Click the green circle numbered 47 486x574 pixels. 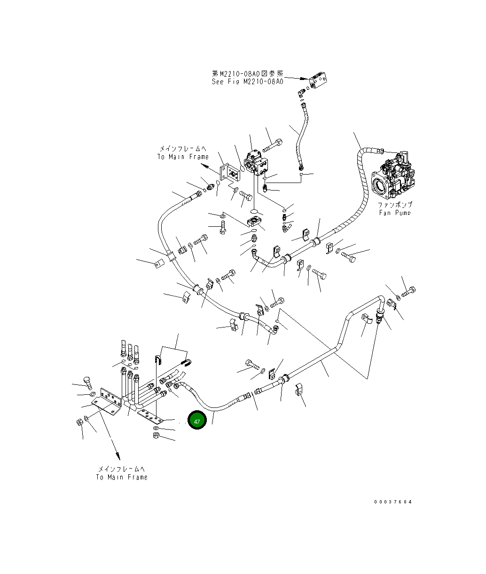pyautogui.click(x=197, y=420)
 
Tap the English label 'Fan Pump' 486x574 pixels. pyautogui.click(x=395, y=213)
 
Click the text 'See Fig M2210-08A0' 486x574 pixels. pyautogui.click(x=247, y=82)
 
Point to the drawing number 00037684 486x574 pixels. pyautogui.click(x=393, y=502)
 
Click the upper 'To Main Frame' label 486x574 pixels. pyautogui.click(x=183, y=157)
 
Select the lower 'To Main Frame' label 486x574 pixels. pyautogui.click(x=122, y=477)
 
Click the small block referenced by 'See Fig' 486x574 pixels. pyautogui.click(x=318, y=80)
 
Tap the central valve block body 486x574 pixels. pyautogui.click(x=256, y=163)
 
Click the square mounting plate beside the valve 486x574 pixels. pyautogui.click(x=230, y=173)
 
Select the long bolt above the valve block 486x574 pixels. pyautogui.click(x=273, y=145)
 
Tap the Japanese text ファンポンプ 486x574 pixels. pyautogui.click(x=395, y=205)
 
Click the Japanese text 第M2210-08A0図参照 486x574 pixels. pyautogui.click(x=248, y=73)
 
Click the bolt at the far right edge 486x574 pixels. pyautogui.click(x=408, y=291)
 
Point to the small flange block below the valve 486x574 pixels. pyautogui.click(x=255, y=222)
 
